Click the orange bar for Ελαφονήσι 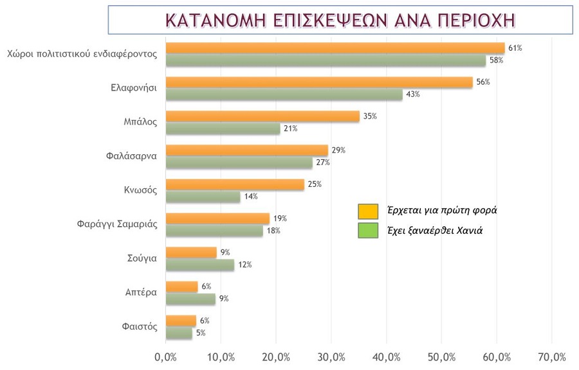(x=319, y=82)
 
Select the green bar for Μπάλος (x=223, y=128)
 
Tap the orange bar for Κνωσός (x=235, y=184)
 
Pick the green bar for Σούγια (x=200, y=265)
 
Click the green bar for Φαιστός (x=179, y=333)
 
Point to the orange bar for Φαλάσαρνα (x=247, y=150)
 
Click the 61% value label (x=515, y=48)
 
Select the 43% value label (x=412, y=94)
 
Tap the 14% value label (x=250, y=197)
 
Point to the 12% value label (x=244, y=265)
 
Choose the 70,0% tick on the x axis (x=551, y=357)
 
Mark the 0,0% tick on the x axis (x=166, y=357)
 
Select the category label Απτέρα (x=141, y=292)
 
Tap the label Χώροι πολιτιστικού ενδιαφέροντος (x=82, y=54)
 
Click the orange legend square (x=368, y=211)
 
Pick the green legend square (x=368, y=231)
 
